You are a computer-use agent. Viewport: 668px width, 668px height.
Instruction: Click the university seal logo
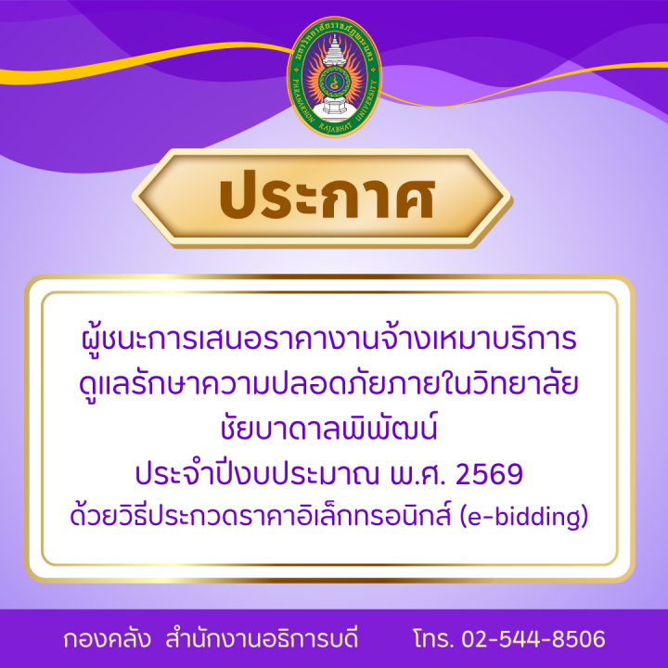(x=333, y=76)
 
